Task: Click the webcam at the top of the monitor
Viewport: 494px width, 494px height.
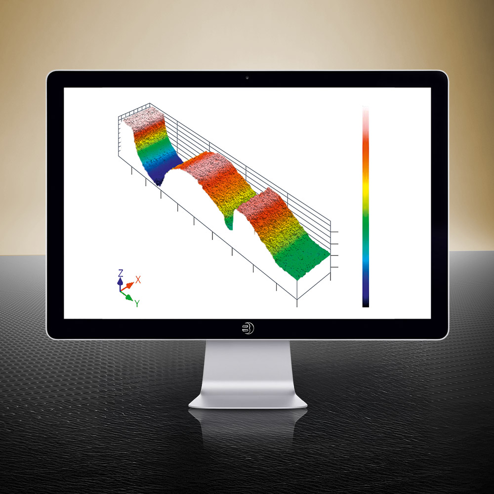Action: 247,78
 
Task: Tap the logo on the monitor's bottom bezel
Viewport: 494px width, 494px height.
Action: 248,329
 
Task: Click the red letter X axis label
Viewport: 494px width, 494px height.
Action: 138,280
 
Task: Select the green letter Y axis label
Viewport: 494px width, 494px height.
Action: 137,303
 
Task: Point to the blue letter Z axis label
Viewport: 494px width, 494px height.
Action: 121,273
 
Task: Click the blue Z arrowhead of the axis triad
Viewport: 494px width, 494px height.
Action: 120,281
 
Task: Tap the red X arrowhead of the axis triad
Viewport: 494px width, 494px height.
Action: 130,286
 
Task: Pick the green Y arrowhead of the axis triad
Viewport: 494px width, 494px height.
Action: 129,297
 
